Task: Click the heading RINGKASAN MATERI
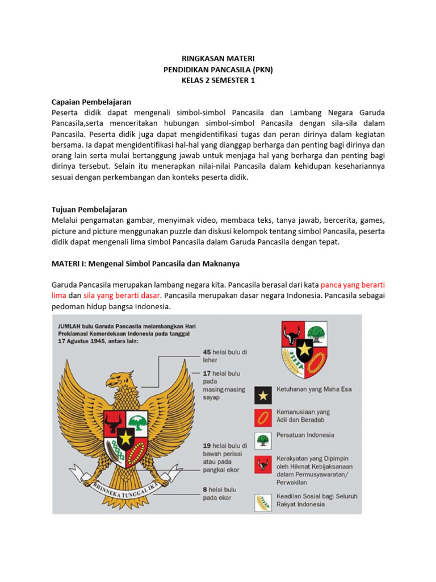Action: click(218, 58)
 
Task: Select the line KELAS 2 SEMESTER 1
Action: click(218, 80)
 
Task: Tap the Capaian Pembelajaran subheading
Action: click(91, 102)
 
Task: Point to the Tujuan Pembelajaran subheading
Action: click(89, 210)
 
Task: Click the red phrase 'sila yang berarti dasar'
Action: click(122, 296)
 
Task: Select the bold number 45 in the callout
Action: click(207, 352)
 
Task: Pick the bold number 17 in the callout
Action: click(207, 373)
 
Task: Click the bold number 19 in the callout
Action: click(207, 446)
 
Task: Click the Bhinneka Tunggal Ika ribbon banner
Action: click(123, 487)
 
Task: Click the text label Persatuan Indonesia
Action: click(305, 435)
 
